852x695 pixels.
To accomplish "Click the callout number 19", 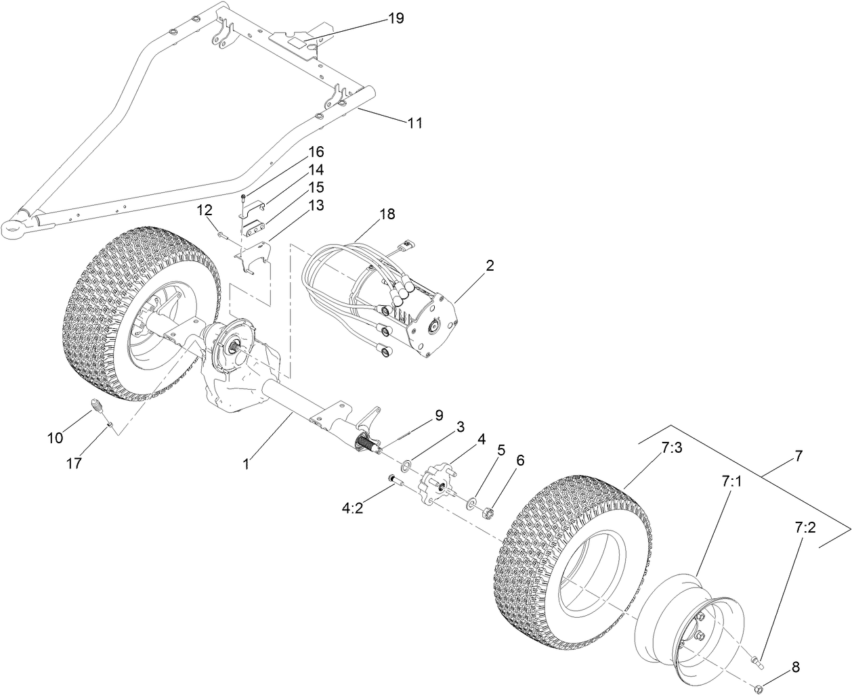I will point(396,18).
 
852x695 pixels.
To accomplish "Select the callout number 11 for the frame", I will point(414,122).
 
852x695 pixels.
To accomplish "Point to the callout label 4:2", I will point(352,508).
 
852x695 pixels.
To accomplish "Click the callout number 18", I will point(387,215).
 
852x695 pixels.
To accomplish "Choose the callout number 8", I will point(795,667).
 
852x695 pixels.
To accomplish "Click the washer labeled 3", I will point(408,465).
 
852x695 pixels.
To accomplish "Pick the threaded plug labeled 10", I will point(100,409).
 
